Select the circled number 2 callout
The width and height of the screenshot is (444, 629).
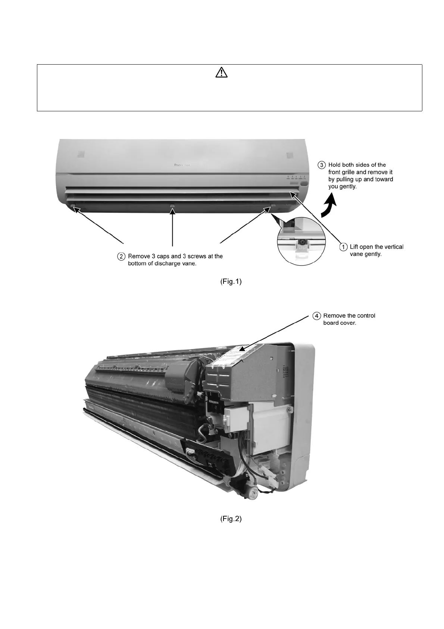(x=121, y=256)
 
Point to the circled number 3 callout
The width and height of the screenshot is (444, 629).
(x=322, y=165)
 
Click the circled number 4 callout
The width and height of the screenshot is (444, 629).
(x=316, y=316)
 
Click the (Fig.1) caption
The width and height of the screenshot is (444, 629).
(x=230, y=282)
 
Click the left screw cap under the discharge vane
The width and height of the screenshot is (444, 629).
(x=72, y=205)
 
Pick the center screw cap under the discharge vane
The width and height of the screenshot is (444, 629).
(x=172, y=206)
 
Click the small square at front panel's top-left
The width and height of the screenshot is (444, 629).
(x=82, y=154)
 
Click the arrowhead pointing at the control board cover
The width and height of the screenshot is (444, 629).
(x=241, y=350)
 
